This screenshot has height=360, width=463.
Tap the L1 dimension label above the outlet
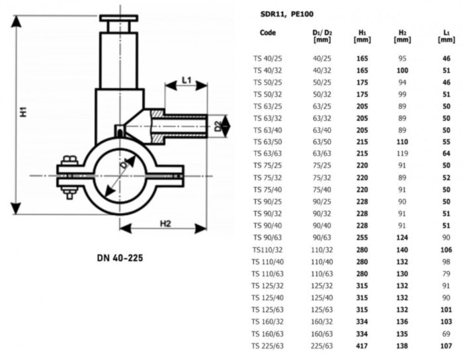[186, 81]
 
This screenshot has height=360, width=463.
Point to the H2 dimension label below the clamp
[165, 223]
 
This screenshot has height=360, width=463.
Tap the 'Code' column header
[268, 32]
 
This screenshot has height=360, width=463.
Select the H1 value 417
[362, 345]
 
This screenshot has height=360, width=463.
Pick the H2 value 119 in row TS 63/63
[402, 154]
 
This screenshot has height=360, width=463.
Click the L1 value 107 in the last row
[446, 345]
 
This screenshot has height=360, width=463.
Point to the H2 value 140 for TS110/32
[402, 249]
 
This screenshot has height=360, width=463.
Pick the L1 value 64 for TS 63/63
[446, 154]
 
